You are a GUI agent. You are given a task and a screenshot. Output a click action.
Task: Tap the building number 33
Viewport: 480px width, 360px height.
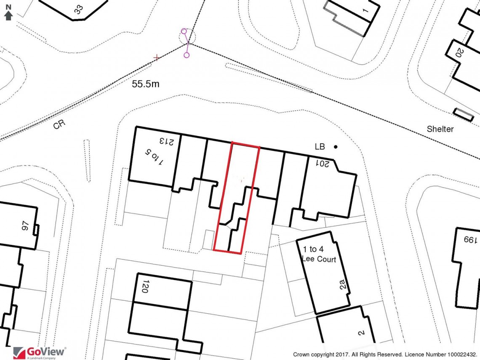78,9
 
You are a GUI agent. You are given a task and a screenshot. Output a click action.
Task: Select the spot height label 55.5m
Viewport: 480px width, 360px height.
146,84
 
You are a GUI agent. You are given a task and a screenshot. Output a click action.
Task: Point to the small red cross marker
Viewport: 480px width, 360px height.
157,57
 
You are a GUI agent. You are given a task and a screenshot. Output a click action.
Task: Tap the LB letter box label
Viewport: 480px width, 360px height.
320,147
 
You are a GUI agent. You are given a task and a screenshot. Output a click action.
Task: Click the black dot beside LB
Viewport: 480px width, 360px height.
336,147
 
